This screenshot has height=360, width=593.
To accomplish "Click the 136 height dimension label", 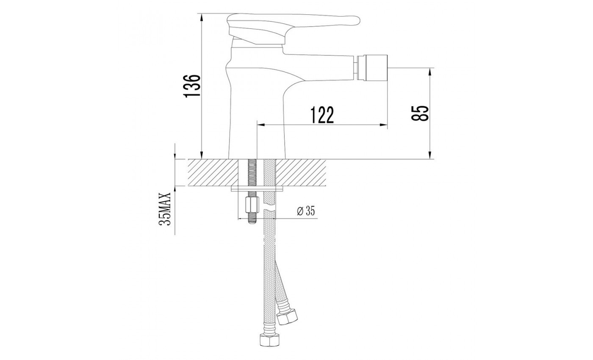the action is pos(192,86).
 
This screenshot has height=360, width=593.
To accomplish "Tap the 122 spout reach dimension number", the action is pos(322,115).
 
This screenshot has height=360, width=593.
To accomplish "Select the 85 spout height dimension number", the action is pos(420,114).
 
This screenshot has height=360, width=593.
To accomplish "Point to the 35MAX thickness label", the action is pos(165,209).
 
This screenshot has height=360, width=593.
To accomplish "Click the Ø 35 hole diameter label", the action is pos(306,211).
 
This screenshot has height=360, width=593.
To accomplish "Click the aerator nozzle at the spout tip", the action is pos(372,68).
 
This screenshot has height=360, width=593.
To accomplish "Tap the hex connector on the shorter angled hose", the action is pos(287,317).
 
